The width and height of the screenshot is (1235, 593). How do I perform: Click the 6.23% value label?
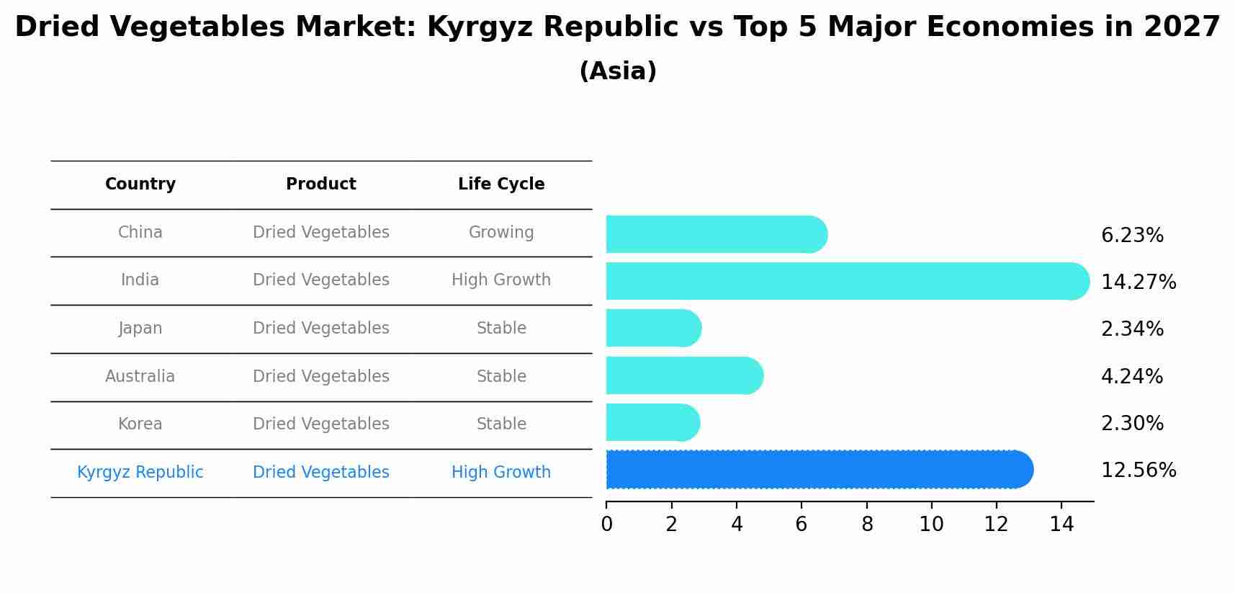[x=1132, y=236]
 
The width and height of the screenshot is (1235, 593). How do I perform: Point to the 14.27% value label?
[x=1139, y=282]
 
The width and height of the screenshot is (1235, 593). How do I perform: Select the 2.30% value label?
[x=1132, y=424]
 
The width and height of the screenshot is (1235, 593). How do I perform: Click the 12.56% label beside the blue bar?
[x=1139, y=471]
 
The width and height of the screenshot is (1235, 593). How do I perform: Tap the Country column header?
[x=140, y=184]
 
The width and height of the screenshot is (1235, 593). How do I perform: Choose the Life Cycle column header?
[x=501, y=184]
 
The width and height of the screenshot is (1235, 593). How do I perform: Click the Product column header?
[x=321, y=184]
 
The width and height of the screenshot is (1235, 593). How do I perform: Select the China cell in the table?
[x=140, y=233]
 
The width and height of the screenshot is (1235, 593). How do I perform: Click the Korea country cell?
[x=140, y=424]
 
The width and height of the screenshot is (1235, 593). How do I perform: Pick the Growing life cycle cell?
[x=501, y=233]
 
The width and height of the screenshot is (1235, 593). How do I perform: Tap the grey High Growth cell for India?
[x=501, y=280]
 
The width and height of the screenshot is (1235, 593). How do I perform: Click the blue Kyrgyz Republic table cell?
[x=140, y=473]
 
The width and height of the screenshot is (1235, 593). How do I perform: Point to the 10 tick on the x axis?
[x=931, y=525]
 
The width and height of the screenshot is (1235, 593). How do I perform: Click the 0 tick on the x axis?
[x=606, y=525]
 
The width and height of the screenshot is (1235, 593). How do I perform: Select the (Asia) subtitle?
[x=618, y=71]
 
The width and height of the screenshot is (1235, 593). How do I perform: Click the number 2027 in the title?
[x=1182, y=27]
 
